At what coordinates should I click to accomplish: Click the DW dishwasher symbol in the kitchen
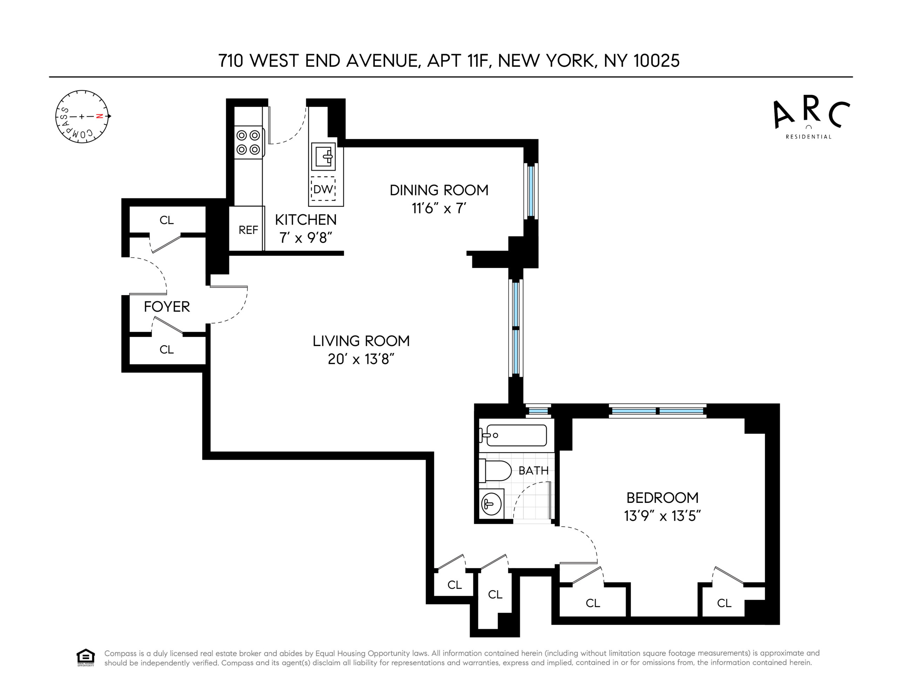[323, 189]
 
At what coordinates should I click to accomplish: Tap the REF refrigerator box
[247, 228]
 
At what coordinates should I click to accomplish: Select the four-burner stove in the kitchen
[249, 142]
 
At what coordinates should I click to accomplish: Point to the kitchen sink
[323, 156]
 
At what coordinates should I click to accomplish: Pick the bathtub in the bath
[513, 435]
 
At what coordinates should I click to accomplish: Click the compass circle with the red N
[82, 116]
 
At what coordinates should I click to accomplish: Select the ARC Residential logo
[811, 119]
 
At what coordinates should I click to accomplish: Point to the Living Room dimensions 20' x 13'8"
[361, 359]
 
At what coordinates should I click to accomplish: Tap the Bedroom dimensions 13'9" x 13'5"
[662, 516]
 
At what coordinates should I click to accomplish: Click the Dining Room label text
[439, 190]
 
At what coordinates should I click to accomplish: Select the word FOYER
[167, 307]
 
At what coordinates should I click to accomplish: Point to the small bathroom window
[538, 411]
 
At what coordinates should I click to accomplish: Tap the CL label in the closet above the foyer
[167, 220]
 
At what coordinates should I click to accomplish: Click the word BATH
[534, 470]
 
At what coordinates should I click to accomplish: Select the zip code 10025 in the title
[657, 61]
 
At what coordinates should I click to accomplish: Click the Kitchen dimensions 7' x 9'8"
[306, 238]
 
